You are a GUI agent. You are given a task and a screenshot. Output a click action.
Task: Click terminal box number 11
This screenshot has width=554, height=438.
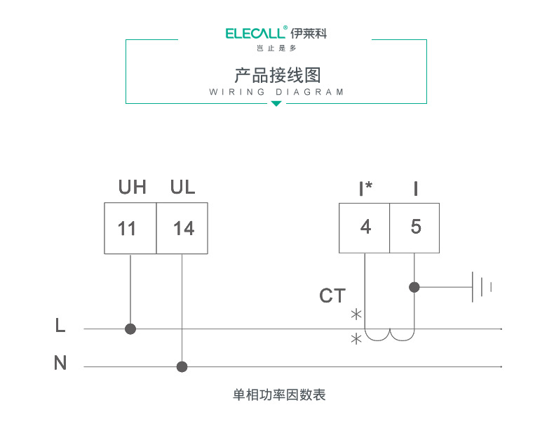pos(130,228)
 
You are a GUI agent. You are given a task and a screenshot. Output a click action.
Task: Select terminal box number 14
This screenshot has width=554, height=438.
pos(182,228)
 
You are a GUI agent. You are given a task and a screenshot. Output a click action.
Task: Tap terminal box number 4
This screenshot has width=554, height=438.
pos(365,227)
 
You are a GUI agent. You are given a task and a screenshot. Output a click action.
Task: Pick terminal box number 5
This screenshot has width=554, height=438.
pos(415,227)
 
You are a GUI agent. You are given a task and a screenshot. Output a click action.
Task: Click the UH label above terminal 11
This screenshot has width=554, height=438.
pos(132,187)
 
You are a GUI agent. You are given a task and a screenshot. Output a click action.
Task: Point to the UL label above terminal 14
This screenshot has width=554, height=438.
pos(182,187)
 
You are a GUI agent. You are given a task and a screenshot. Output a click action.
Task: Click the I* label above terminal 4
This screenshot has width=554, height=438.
pos(365,188)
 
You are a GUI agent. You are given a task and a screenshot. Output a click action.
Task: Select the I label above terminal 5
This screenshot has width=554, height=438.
pos(416,188)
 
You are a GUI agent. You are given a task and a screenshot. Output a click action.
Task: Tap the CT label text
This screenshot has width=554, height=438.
pos(332,296)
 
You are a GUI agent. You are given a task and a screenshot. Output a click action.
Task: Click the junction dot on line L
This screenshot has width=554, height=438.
pos(130,328)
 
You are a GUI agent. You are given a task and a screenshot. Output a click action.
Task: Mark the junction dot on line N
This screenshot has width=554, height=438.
pos(182,366)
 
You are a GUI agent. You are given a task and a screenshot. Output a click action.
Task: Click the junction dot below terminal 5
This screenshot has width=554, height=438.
pos(414,286)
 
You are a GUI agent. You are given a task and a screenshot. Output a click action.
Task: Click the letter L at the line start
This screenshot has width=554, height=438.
pos(60,326)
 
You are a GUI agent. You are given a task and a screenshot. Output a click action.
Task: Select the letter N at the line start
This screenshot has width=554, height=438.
pos(60,364)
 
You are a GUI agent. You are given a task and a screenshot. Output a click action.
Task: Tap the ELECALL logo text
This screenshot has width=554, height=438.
pos(256,33)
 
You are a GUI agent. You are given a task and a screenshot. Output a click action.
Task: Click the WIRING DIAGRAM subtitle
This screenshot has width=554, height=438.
pos(277,92)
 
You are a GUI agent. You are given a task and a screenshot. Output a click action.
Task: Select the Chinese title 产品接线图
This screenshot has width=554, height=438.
pos(277,75)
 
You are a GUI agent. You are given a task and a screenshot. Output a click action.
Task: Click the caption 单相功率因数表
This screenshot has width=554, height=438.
pos(279,395)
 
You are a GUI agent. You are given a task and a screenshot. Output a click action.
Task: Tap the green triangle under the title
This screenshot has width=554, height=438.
pos(276,104)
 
